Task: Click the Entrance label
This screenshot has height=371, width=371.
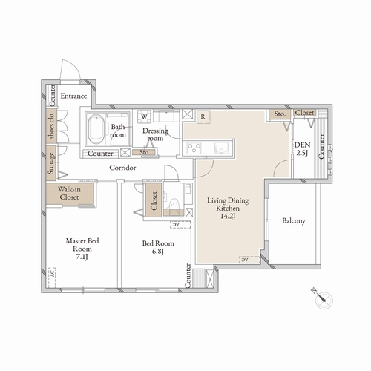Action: tap(74, 96)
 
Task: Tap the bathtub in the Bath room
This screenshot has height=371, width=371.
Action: tap(94, 131)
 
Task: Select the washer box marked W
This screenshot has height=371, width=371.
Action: tap(143, 116)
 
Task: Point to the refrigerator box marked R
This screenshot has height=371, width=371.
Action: tap(203, 116)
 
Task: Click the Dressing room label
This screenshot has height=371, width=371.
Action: tap(156, 134)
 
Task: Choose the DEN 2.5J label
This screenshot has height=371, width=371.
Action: tap(302, 148)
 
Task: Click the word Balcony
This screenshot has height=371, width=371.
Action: tap(295, 221)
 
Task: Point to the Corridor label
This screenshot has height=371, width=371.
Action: tap(122, 168)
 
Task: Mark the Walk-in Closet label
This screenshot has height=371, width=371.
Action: tap(70, 194)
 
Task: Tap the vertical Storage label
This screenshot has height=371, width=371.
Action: tap(51, 164)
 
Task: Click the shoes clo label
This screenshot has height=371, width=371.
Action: tap(51, 128)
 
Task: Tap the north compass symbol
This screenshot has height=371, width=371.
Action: tap(324, 299)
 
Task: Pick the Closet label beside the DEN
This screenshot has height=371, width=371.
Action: tap(304, 113)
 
